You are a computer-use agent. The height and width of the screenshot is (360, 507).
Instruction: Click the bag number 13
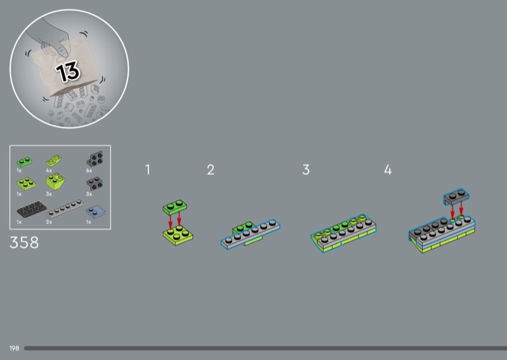(x=68, y=72)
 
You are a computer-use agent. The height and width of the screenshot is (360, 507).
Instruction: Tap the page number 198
(x=14, y=349)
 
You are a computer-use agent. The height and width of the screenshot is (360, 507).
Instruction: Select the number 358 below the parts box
(x=24, y=243)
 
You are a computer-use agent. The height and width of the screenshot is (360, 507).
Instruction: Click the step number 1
(x=148, y=169)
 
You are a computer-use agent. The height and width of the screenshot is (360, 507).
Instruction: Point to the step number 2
(x=210, y=169)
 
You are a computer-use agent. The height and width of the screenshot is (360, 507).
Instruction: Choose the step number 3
(x=306, y=169)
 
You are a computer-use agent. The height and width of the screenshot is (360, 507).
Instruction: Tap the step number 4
(x=388, y=169)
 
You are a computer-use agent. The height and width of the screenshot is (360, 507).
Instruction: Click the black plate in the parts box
(x=32, y=209)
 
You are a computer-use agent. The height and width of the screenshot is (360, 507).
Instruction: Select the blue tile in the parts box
(x=96, y=212)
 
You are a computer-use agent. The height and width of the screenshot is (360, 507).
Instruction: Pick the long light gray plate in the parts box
(x=65, y=209)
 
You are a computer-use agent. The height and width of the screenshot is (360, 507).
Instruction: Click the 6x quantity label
(x=89, y=170)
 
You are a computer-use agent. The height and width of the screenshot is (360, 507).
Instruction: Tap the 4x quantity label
(x=49, y=170)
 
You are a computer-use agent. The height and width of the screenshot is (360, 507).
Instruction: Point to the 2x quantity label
(x=49, y=222)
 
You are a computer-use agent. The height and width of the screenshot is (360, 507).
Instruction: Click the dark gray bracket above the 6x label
(x=94, y=158)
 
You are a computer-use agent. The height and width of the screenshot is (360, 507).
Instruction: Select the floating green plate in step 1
(x=175, y=207)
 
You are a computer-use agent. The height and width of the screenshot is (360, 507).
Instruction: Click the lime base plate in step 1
(x=178, y=235)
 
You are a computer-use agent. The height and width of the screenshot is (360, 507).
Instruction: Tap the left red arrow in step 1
(x=170, y=222)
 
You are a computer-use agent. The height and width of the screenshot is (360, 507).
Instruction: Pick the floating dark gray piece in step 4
(x=456, y=196)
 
